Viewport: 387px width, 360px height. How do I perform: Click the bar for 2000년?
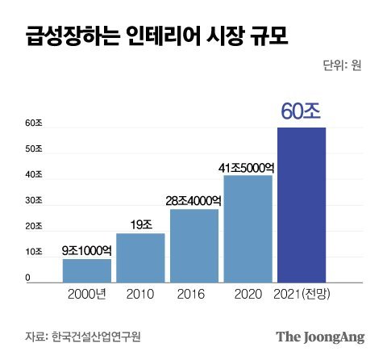click(87, 270)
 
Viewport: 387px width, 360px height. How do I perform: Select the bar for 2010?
click(140, 257)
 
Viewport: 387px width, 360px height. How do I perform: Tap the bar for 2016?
click(194, 245)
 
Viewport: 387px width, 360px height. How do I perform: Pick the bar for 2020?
click(248, 228)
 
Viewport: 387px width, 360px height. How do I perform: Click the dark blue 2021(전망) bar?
click(302, 205)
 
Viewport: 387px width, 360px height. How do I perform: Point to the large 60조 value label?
click(302, 111)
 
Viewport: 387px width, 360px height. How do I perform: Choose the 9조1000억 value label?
click(87, 251)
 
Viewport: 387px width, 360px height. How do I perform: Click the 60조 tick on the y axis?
click(33, 123)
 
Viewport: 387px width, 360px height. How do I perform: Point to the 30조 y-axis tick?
click(33, 201)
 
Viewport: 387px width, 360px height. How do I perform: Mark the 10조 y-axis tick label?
click(33, 253)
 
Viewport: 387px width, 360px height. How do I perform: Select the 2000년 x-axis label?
click(87, 294)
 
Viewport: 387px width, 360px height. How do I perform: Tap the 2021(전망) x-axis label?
click(302, 294)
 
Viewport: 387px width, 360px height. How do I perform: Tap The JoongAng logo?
click(320, 336)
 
